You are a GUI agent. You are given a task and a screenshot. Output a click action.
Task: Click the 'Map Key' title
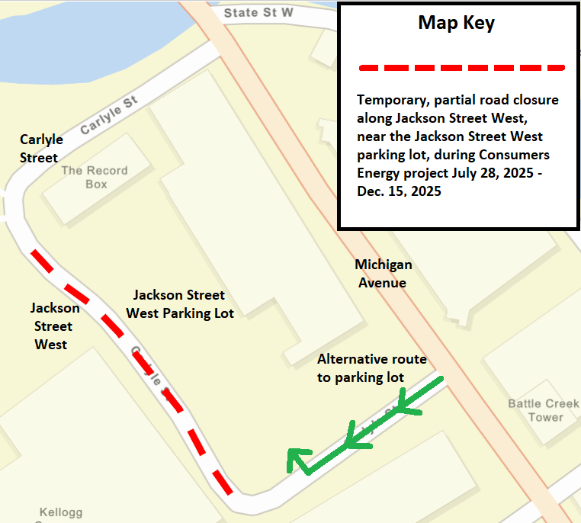[456, 24]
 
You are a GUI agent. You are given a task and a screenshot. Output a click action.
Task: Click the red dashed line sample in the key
[461, 68]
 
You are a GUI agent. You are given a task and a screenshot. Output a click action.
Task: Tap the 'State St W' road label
[258, 13]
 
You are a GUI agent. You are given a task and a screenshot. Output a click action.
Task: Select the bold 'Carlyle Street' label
[40, 149]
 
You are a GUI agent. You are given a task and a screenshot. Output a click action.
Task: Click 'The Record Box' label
[95, 177]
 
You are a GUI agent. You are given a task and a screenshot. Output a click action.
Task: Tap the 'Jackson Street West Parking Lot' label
[179, 303]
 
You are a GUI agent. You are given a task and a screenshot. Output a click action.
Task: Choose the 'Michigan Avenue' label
[383, 274]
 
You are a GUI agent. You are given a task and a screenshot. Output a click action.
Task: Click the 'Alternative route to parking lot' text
[371, 368]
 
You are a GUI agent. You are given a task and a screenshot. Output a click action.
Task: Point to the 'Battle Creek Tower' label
[544, 410]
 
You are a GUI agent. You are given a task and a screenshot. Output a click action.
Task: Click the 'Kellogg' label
[61, 512]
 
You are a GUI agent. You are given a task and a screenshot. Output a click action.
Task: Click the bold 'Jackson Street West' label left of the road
[54, 326]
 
